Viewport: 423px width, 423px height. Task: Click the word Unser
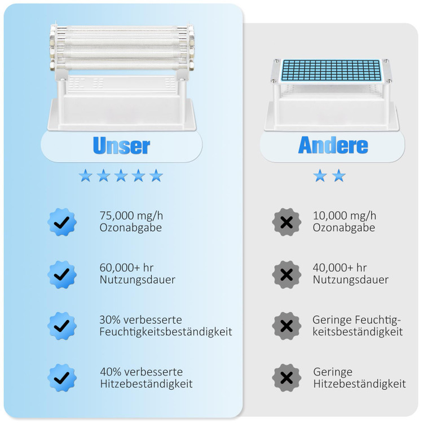point(121,146)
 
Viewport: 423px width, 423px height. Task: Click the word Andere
point(333,145)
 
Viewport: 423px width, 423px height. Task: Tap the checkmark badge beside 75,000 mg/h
point(62,222)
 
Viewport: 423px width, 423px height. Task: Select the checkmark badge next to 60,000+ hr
point(62,274)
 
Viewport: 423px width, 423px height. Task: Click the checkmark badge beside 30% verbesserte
point(62,326)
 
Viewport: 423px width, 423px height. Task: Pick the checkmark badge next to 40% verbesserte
point(62,378)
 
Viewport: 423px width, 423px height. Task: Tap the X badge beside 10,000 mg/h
point(287,222)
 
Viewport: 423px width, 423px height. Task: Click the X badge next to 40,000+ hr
point(287,274)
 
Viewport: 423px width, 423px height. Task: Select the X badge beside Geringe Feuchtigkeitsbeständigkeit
point(287,326)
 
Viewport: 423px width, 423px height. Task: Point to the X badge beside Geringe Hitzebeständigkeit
point(287,378)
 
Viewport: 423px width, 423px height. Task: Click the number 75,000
point(117,216)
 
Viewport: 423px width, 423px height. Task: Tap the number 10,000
point(330,216)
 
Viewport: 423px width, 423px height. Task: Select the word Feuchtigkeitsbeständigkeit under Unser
point(166,332)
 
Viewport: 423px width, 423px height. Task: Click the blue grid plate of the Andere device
point(331,70)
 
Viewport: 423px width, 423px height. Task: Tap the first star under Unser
point(86,175)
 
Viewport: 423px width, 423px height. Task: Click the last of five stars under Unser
point(156,175)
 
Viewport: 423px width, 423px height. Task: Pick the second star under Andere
point(339,175)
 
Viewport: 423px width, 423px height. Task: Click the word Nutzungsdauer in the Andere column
point(351,280)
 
